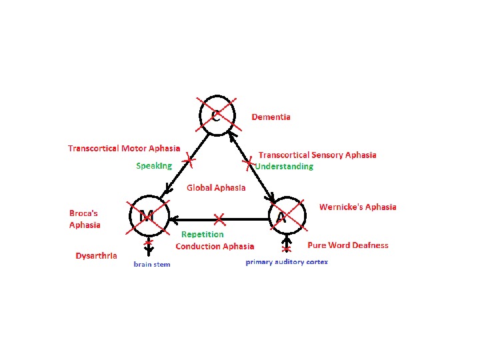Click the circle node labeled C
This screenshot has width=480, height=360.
(x=217, y=115)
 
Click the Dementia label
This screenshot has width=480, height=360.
(x=271, y=117)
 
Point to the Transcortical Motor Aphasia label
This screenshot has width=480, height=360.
(x=124, y=148)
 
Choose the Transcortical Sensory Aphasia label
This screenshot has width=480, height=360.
(x=317, y=155)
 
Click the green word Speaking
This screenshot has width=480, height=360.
(x=154, y=166)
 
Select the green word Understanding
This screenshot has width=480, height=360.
(x=285, y=166)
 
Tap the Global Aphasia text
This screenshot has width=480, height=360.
(x=216, y=188)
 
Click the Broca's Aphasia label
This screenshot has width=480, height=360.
(x=85, y=219)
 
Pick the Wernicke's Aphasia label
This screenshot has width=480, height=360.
(x=358, y=207)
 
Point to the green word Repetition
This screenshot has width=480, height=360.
(x=203, y=235)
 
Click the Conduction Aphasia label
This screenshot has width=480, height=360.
(x=215, y=246)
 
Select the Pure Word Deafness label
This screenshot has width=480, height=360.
(x=348, y=245)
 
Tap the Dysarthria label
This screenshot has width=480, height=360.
(x=97, y=255)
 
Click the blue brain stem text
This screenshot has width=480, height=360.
(x=151, y=265)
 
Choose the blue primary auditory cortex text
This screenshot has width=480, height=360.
(x=287, y=262)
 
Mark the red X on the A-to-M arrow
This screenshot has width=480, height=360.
(x=220, y=219)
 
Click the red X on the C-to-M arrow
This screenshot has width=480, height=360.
(x=189, y=160)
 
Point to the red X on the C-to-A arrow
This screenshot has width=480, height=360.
(x=249, y=162)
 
